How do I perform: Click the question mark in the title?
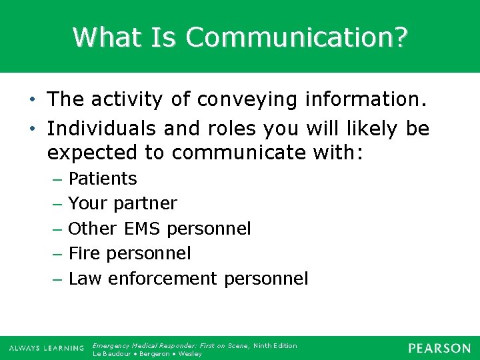click(x=399, y=37)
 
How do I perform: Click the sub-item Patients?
click(x=103, y=179)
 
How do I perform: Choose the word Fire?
click(x=84, y=253)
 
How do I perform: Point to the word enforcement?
click(x=163, y=279)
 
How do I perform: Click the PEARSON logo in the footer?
click(x=439, y=349)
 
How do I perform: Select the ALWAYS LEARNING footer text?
click(x=47, y=349)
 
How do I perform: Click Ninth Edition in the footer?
click(x=275, y=345)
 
